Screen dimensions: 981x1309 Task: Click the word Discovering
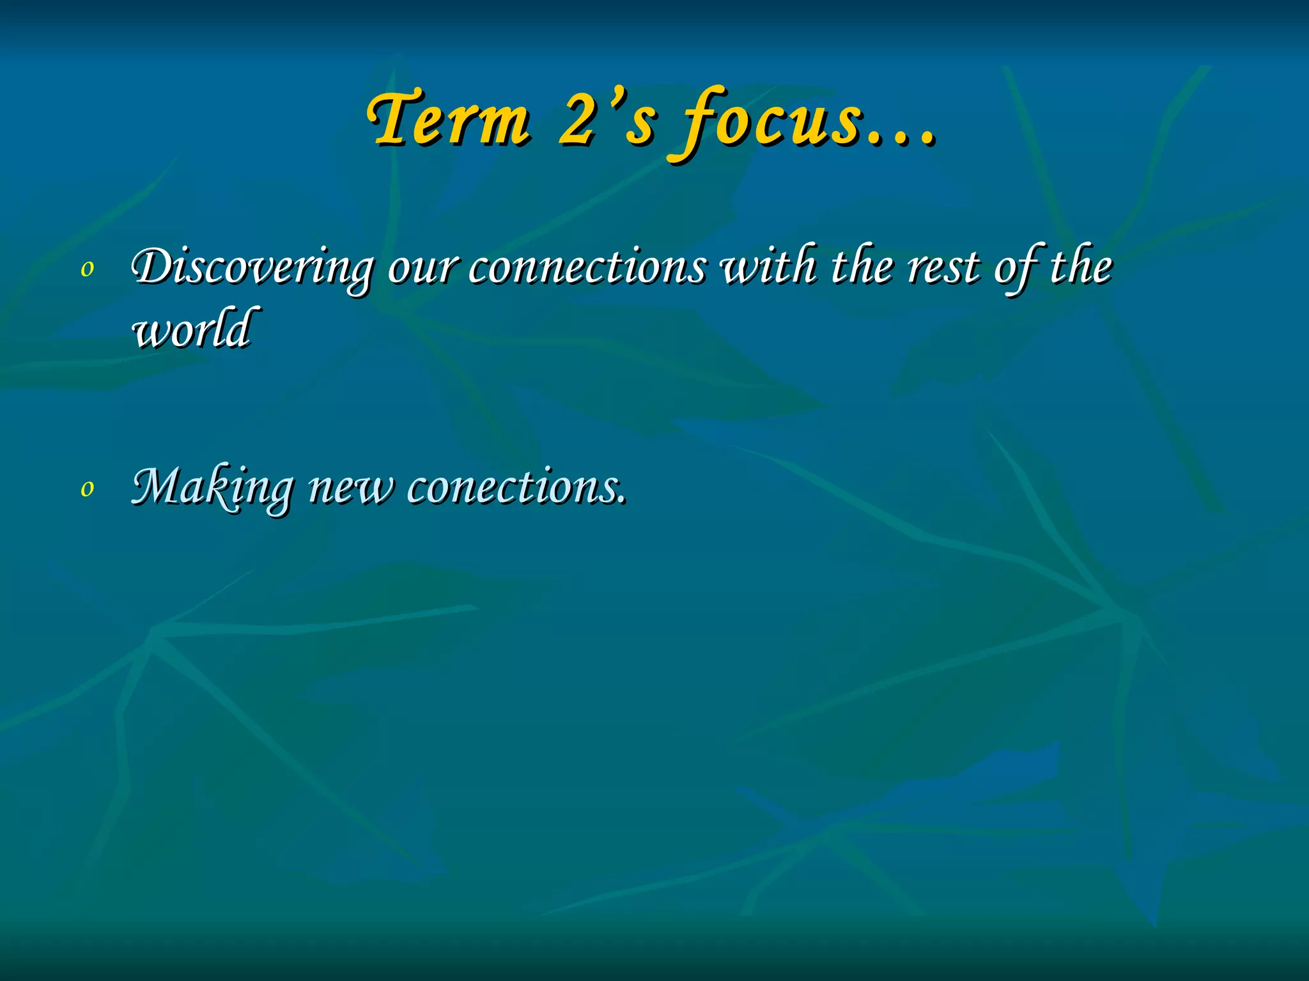point(252,267)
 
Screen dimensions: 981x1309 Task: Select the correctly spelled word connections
point(587,267)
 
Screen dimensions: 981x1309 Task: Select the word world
point(192,330)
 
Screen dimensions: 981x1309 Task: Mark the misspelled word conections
point(511,487)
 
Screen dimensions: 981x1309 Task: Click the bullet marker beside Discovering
point(88,270)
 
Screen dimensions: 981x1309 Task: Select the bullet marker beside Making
point(88,489)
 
